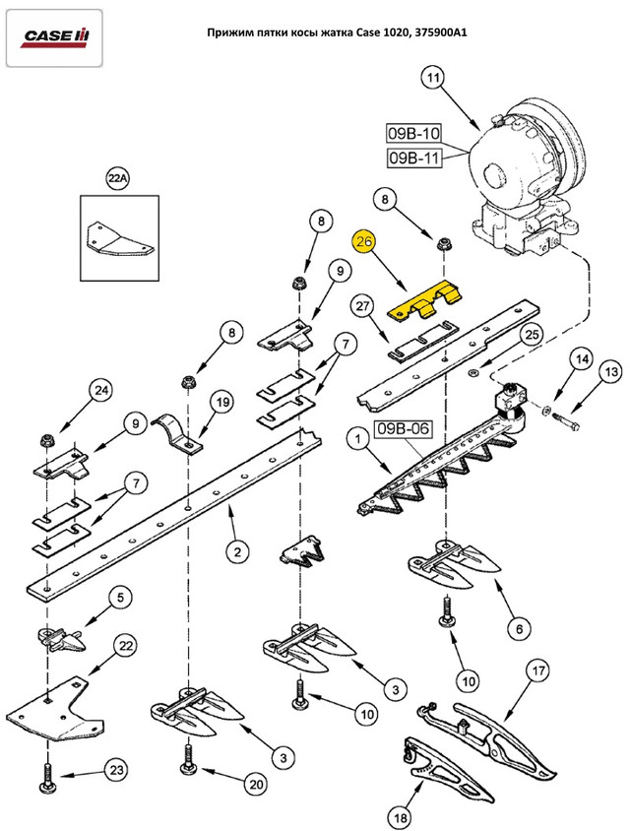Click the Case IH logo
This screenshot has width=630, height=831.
(57, 37)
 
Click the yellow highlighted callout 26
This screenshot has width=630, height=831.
(364, 242)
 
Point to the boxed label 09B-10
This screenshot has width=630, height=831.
(414, 133)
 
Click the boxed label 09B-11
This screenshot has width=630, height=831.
(414, 157)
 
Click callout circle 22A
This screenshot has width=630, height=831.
(118, 179)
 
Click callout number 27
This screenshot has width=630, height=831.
(363, 307)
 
